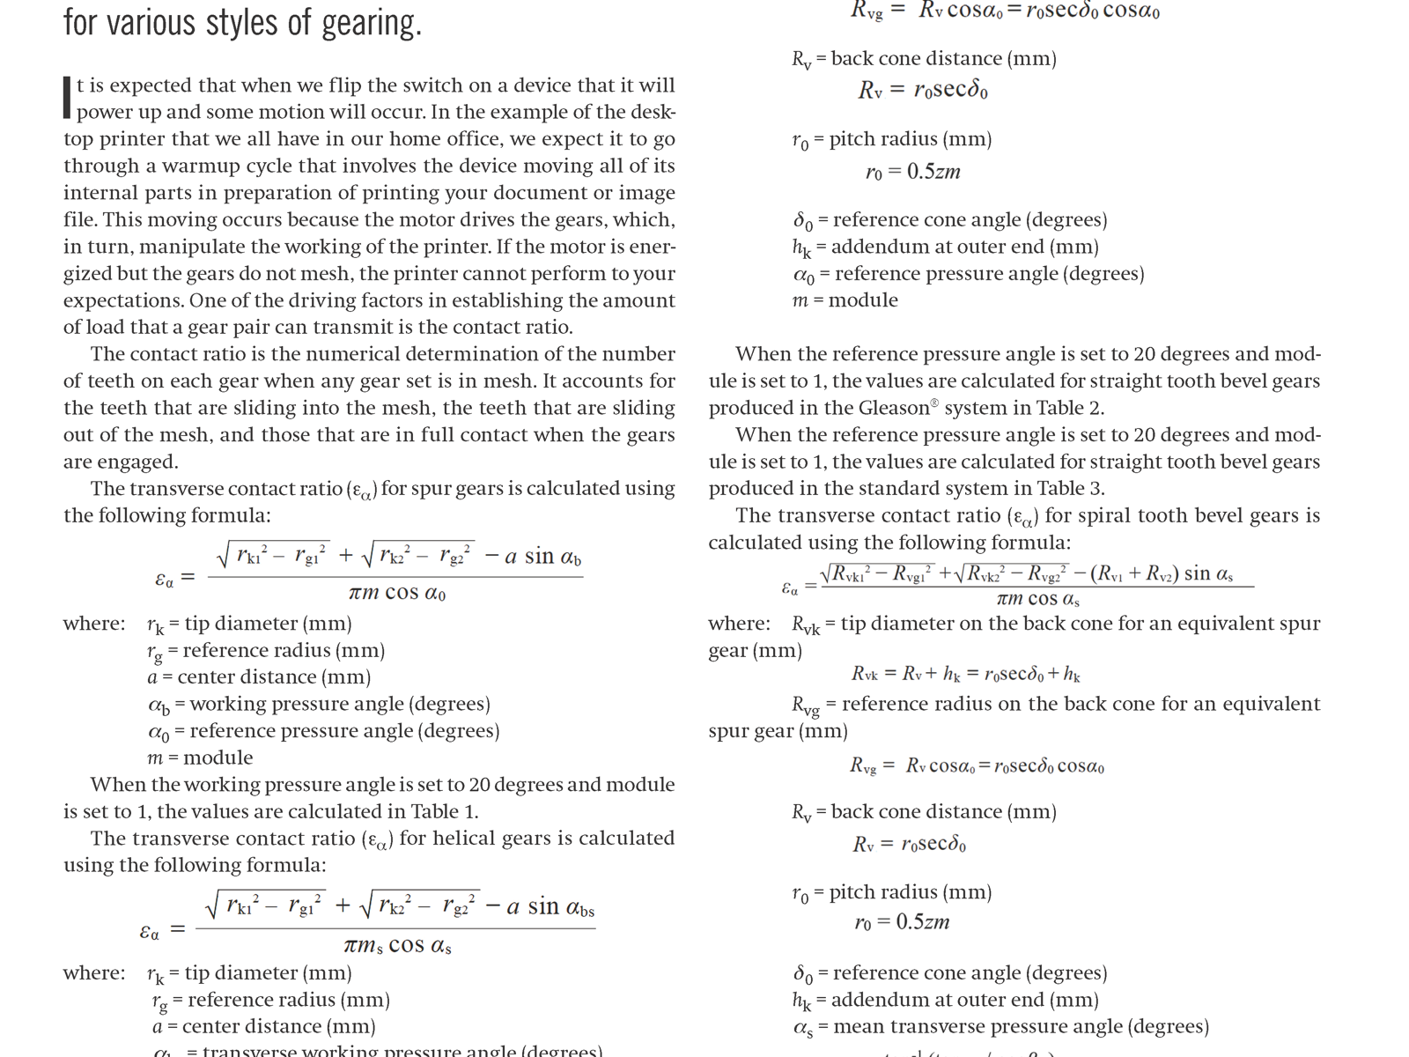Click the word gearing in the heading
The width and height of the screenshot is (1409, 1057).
(x=371, y=23)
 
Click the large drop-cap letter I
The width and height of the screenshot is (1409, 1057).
(x=67, y=98)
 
